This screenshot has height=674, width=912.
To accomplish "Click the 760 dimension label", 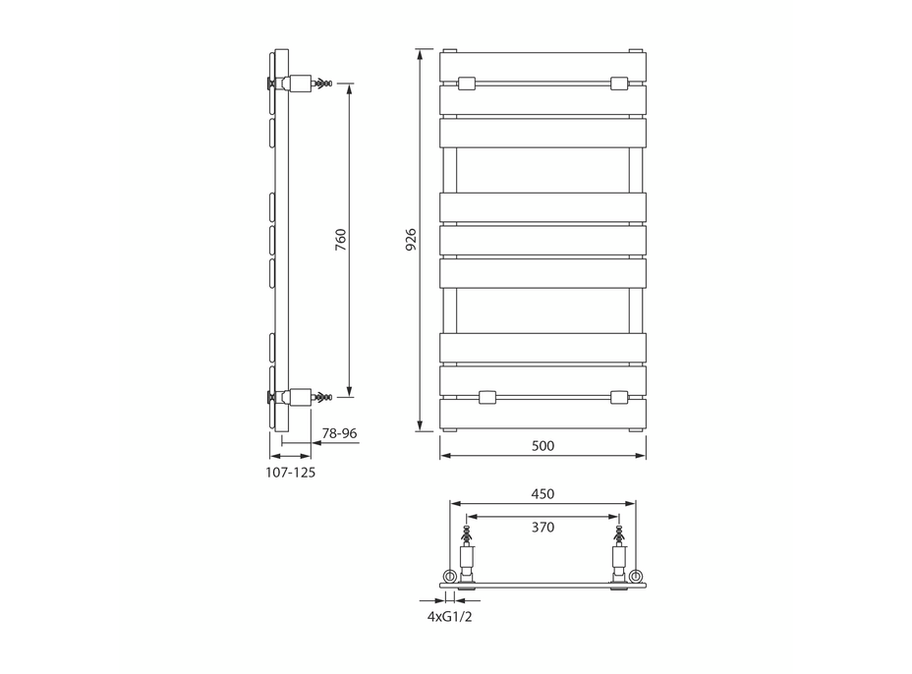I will (340, 241).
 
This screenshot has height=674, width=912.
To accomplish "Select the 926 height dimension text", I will (411, 240).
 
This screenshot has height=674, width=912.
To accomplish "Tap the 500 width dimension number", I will (542, 445).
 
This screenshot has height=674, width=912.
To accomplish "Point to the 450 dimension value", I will (542, 493).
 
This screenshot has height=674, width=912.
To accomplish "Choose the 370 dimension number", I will (542, 527).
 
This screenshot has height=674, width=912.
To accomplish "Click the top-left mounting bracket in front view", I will (467, 84).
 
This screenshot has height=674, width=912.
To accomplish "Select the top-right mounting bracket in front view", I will (618, 84).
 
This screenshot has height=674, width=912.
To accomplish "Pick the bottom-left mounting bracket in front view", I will (485, 397).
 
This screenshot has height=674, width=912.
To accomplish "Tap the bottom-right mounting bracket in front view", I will (618, 397).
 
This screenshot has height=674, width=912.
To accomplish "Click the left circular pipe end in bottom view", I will (450, 575).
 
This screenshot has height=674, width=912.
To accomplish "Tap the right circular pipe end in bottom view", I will (636, 575).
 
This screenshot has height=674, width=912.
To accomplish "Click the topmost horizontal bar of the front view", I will (542, 66).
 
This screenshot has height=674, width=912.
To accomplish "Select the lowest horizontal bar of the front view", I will (542, 414).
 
